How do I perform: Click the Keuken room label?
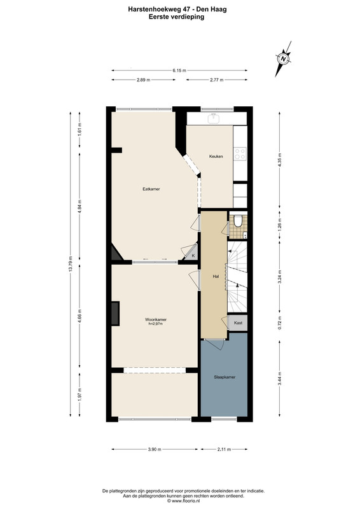216,157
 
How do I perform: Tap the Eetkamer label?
151,189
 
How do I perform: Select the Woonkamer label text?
156,319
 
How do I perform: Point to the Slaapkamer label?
225,377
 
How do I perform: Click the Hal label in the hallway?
216,277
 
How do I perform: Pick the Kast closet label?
239,323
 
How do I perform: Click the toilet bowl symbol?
238,221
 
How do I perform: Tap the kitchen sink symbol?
214,119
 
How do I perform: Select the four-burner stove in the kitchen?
240,154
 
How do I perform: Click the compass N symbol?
284,59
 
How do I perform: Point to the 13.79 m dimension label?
70,265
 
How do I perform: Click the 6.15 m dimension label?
179,71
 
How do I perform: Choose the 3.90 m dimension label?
155,450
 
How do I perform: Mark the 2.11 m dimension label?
224,450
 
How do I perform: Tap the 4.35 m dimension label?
280,159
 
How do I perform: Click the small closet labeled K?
191,253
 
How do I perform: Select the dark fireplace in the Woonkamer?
116,314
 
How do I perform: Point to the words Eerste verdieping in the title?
177,17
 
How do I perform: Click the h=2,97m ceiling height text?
156,324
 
